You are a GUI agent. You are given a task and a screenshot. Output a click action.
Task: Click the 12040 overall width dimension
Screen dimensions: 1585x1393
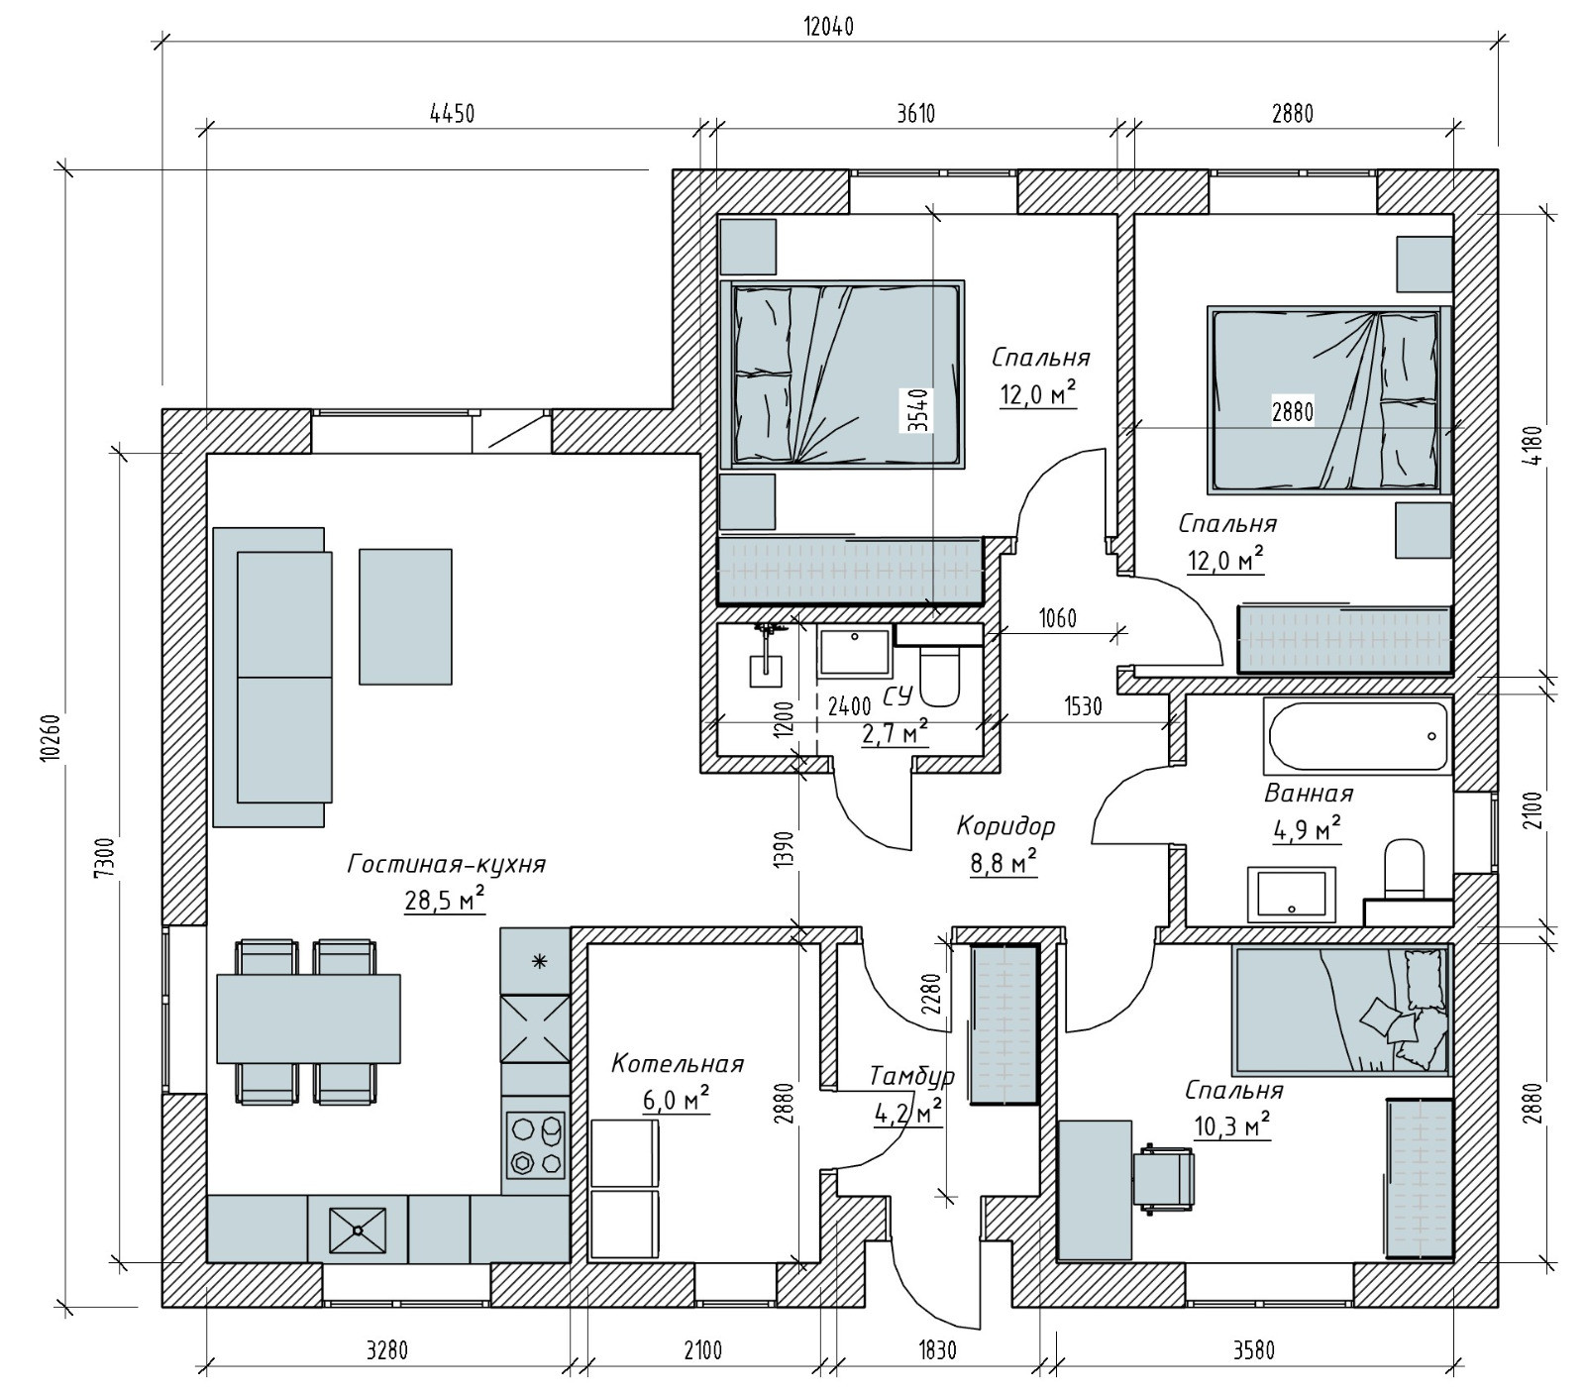pos(829,27)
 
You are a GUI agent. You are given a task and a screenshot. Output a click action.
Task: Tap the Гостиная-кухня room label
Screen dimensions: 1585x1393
pos(446,865)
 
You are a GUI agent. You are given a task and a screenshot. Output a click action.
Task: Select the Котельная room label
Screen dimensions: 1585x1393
pos(677,1064)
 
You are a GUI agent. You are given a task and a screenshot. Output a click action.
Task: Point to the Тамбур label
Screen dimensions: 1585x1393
pos(911,1076)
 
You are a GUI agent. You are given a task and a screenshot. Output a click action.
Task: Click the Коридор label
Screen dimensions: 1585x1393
pos(1005,825)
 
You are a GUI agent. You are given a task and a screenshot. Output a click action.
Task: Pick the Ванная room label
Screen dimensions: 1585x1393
pos(1308,794)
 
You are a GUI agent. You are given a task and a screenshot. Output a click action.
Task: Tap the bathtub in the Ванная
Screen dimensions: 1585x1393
pos(1356,736)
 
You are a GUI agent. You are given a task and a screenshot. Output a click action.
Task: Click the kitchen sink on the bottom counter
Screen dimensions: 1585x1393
pos(357,1229)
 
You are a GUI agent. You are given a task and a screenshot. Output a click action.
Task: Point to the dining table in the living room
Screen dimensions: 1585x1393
pos(308,1018)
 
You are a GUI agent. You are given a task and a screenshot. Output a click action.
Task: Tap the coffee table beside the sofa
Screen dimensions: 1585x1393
pos(405,616)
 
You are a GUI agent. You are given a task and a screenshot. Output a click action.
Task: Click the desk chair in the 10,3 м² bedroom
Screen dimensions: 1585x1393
pos(1165,1178)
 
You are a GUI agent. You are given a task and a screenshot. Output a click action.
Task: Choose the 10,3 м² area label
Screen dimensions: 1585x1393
pos(1232,1125)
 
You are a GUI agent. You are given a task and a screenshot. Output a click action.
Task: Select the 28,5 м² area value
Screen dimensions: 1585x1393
pos(445,900)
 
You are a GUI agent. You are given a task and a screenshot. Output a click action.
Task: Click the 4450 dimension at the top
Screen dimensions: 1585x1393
pos(452,114)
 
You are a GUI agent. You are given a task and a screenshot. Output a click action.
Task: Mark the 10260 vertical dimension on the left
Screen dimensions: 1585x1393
pos(50,737)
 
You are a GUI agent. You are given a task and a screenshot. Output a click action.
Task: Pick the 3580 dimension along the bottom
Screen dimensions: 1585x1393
pos(1253,1350)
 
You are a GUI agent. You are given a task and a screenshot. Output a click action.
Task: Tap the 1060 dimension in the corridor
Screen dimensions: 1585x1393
pos(1057,620)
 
